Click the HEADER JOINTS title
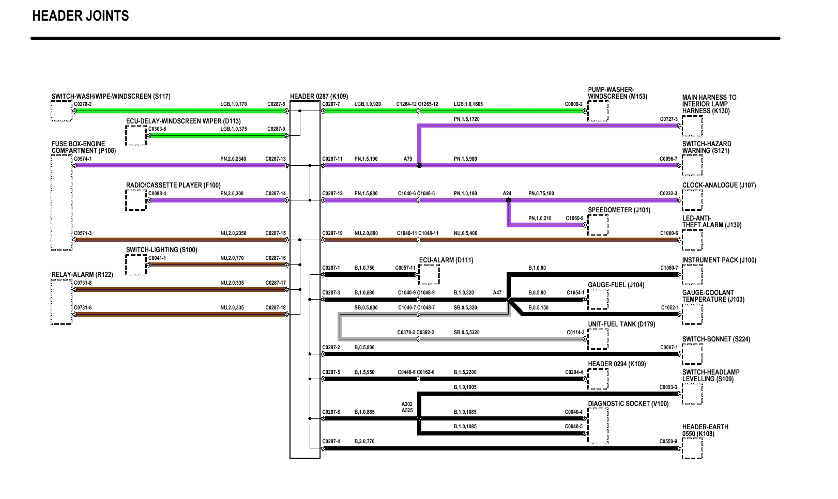(x=81, y=16)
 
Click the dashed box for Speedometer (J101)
(x=598, y=225)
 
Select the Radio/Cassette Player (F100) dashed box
(x=136, y=200)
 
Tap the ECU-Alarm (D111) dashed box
(x=429, y=274)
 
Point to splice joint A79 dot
(x=419, y=166)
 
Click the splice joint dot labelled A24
(x=509, y=200)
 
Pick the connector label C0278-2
(x=83, y=104)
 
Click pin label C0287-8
(x=276, y=104)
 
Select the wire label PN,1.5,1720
(x=466, y=119)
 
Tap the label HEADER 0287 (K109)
(x=319, y=97)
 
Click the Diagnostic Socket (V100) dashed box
(x=598, y=426)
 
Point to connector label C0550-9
(x=668, y=442)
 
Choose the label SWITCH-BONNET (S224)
(x=716, y=339)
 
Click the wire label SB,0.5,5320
(x=466, y=333)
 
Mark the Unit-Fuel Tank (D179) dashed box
(x=598, y=339)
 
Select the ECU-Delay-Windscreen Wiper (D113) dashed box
(x=136, y=136)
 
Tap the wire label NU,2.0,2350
(x=233, y=233)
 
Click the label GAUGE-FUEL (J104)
(x=616, y=285)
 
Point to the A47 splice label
(x=497, y=293)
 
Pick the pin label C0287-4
(x=331, y=442)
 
